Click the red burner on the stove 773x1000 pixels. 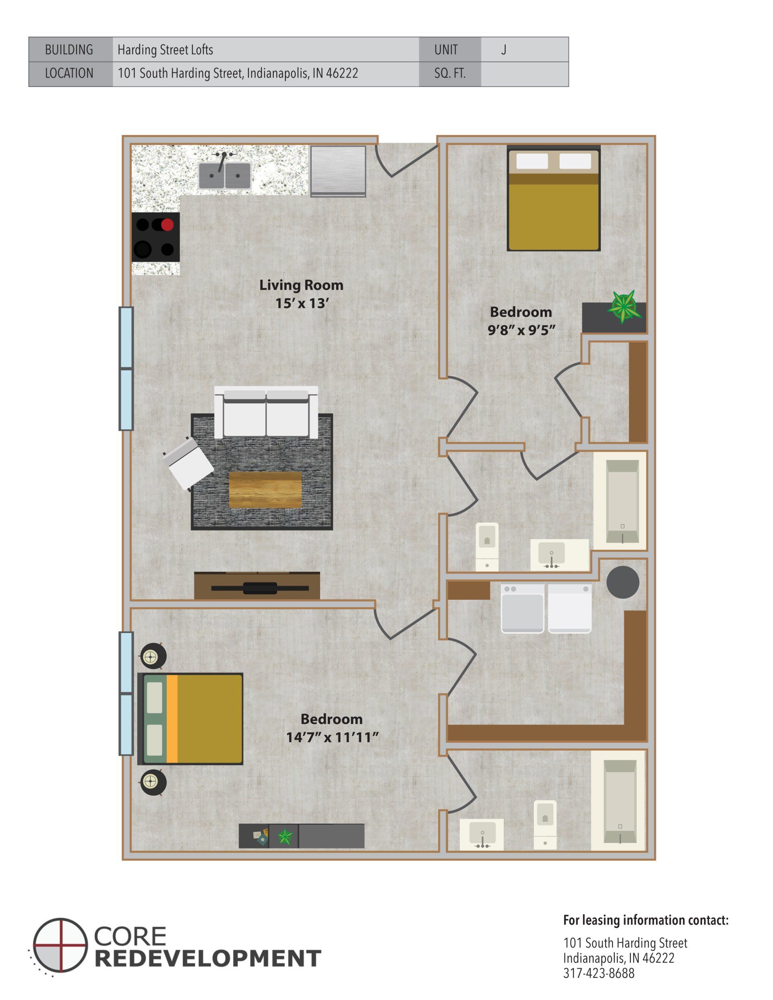pyautogui.click(x=167, y=225)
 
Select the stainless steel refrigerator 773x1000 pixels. pyautogui.click(x=338, y=171)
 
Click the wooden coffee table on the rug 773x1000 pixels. pyautogui.click(x=265, y=489)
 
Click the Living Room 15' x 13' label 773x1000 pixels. pyautogui.click(x=301, y=294)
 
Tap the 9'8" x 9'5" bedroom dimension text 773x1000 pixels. pyautogui.click(x=521, y=330)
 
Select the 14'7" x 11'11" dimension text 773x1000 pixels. pyautogui.click(x=332, y=738)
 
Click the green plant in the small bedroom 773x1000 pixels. pyautogui.click(x=624, y=307)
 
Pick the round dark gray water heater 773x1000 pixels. pyautogui.click(x=623, y=582)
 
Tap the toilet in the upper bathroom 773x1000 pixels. pyautogui.click(x=487, y=547)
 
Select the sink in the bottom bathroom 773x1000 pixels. pyautogui.click(x=482, y=834)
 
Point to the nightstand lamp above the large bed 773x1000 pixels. pyautogui.click(x=151, y=658)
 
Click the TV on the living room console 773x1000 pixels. pyautogui.click(x=260, y=588)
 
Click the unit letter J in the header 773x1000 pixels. pyautogui.click(x=504, y=49)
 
